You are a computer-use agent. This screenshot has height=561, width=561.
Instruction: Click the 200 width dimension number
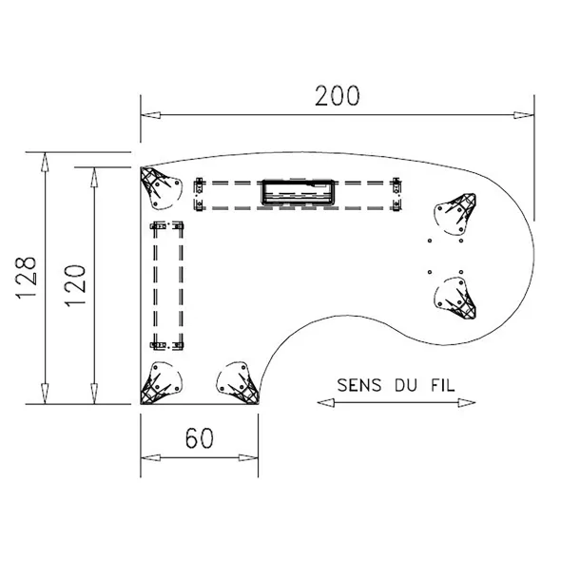(x=337, y=96)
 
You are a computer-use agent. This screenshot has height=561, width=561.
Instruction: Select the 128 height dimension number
(x=26, y=277)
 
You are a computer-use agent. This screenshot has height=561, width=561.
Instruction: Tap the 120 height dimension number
(x=75, y=285)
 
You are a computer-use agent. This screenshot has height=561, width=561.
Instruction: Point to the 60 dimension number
(x=200, y=438)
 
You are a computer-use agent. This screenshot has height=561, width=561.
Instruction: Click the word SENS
(x=358, y=385)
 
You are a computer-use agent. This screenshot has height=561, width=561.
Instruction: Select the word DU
(x=406, y=385)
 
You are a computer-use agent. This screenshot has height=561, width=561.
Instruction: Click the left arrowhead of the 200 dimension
(x=150, y=115)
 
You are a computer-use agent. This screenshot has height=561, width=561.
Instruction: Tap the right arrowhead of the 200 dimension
(x=524, y=115)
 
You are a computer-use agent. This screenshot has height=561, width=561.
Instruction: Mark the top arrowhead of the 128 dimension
(x=45, y=163)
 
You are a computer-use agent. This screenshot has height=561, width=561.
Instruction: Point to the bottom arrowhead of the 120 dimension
(x=94, y=394)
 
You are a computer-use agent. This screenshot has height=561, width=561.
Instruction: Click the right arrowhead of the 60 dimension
(x=248, y=457)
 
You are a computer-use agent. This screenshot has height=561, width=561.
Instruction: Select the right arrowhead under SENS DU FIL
(x=467, y=403)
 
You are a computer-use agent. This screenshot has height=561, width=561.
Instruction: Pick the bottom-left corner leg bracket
(x=161, y=383)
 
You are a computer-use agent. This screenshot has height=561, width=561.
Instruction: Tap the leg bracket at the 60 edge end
(x=239, y=383)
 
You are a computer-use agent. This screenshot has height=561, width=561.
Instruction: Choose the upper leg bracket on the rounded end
(x=455, y=214)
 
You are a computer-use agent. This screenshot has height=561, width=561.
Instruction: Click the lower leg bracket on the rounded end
(x=455, y=299)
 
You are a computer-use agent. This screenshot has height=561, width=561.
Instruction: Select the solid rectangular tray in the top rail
(x=299, y=192)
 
